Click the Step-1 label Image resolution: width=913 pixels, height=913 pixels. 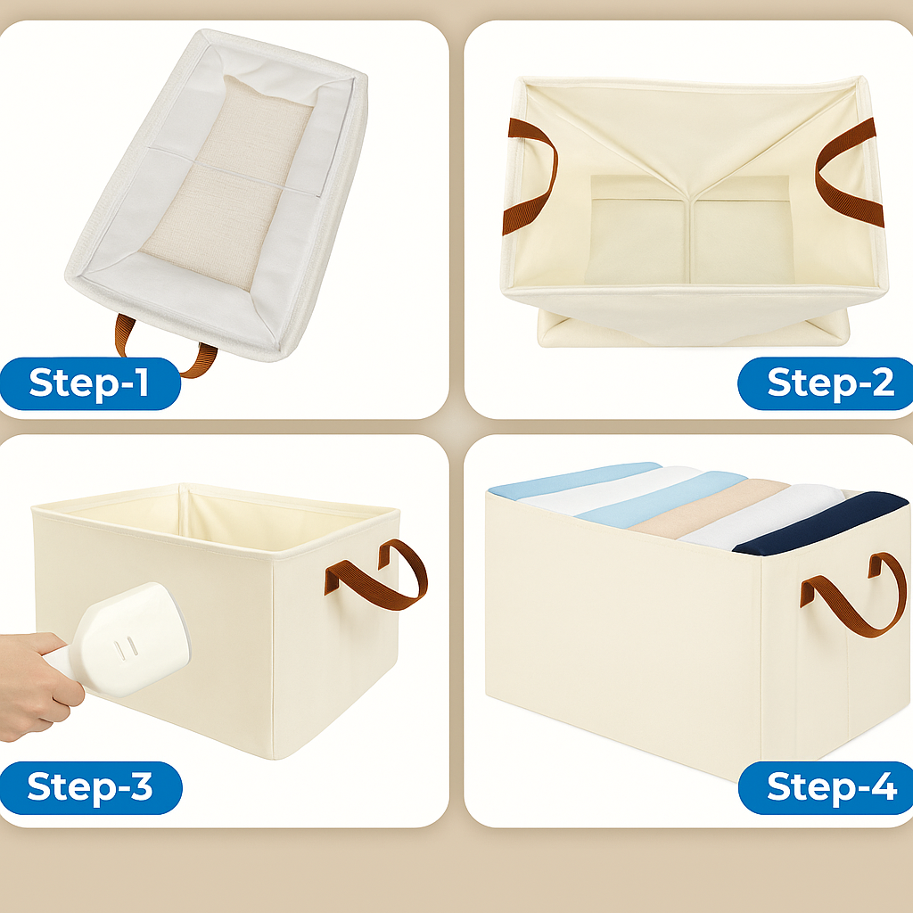(x=89, y=383)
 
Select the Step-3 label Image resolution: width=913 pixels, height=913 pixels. (x=89, y=787)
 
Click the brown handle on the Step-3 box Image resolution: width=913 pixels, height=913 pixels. (x=379, y=575)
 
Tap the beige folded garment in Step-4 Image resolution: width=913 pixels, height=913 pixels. (x=704, y=508)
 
